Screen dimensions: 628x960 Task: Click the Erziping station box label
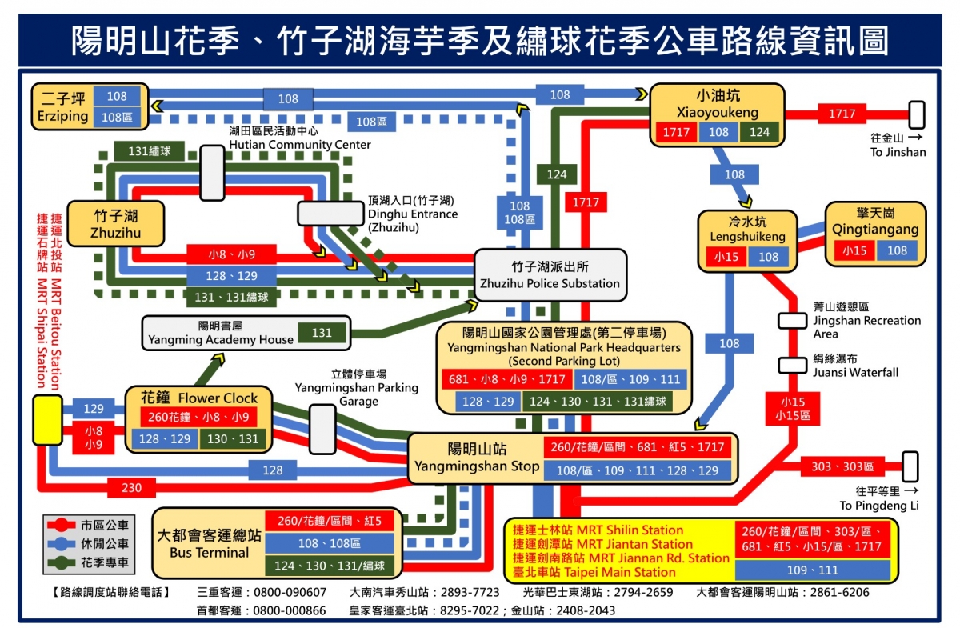click(63, 107)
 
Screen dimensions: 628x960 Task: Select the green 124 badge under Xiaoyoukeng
click(759, 132)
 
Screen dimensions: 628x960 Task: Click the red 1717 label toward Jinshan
click(842, 114)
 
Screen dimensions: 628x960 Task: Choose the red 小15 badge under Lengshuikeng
click(726, 257)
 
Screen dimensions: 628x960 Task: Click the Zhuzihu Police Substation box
click(550, 275)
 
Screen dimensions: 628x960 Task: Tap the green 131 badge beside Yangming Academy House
click(322, 332)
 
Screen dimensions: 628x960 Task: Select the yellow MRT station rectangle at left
click(47, 420)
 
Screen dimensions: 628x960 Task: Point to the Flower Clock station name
click(199, 398)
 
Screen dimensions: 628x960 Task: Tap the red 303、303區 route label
click(842, 466)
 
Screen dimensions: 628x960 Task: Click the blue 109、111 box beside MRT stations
click(812, 570)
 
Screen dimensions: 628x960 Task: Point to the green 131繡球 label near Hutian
click(149, 150)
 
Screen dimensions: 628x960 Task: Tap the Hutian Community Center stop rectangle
click(212, 172)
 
